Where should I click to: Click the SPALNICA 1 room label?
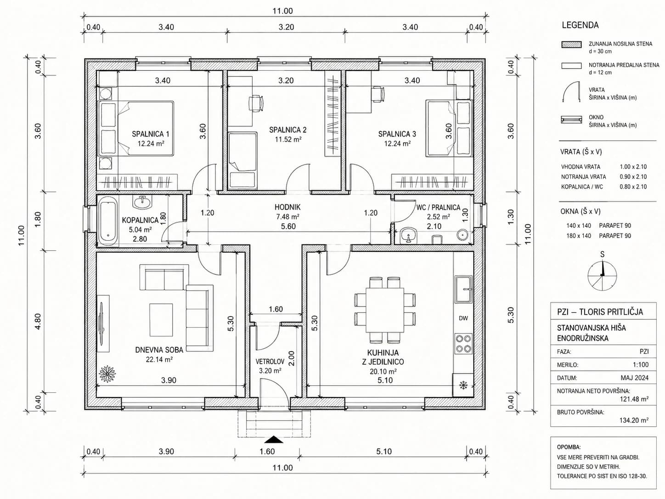point(150,134)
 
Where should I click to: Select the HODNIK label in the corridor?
point(287,207)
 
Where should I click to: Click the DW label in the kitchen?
point(463,318)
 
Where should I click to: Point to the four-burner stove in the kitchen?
point(463,344)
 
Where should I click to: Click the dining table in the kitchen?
point(385,310)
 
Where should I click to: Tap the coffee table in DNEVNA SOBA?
point(161,320)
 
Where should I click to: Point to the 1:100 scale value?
point(641,364)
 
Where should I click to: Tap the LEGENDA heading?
point(580,25)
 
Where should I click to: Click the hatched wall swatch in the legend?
point(571,45)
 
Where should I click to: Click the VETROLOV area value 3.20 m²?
point(270,370)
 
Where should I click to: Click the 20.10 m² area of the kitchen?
point(383,371)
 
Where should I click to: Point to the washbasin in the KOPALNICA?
point(142,201)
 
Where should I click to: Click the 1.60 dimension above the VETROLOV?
point(276,309)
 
